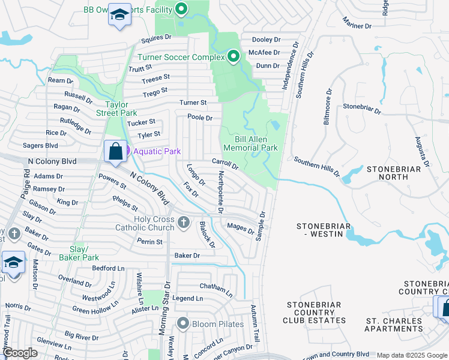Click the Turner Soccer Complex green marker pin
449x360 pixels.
coord(234,57)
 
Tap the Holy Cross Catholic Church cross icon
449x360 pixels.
coord(184,223)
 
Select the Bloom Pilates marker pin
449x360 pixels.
coord(183,324)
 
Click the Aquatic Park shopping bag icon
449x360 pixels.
coord(115,151)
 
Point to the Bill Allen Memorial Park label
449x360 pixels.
coord(250,143)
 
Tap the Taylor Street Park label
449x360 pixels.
coord(116,109)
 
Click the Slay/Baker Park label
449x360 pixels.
coord(79,253)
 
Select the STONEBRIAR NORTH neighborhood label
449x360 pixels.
coord(394,173)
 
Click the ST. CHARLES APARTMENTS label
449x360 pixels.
coord(394,325)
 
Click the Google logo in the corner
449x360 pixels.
coord(20,353)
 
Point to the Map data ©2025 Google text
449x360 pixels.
coord(411,355)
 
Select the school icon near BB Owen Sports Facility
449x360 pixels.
coord(119,15)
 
